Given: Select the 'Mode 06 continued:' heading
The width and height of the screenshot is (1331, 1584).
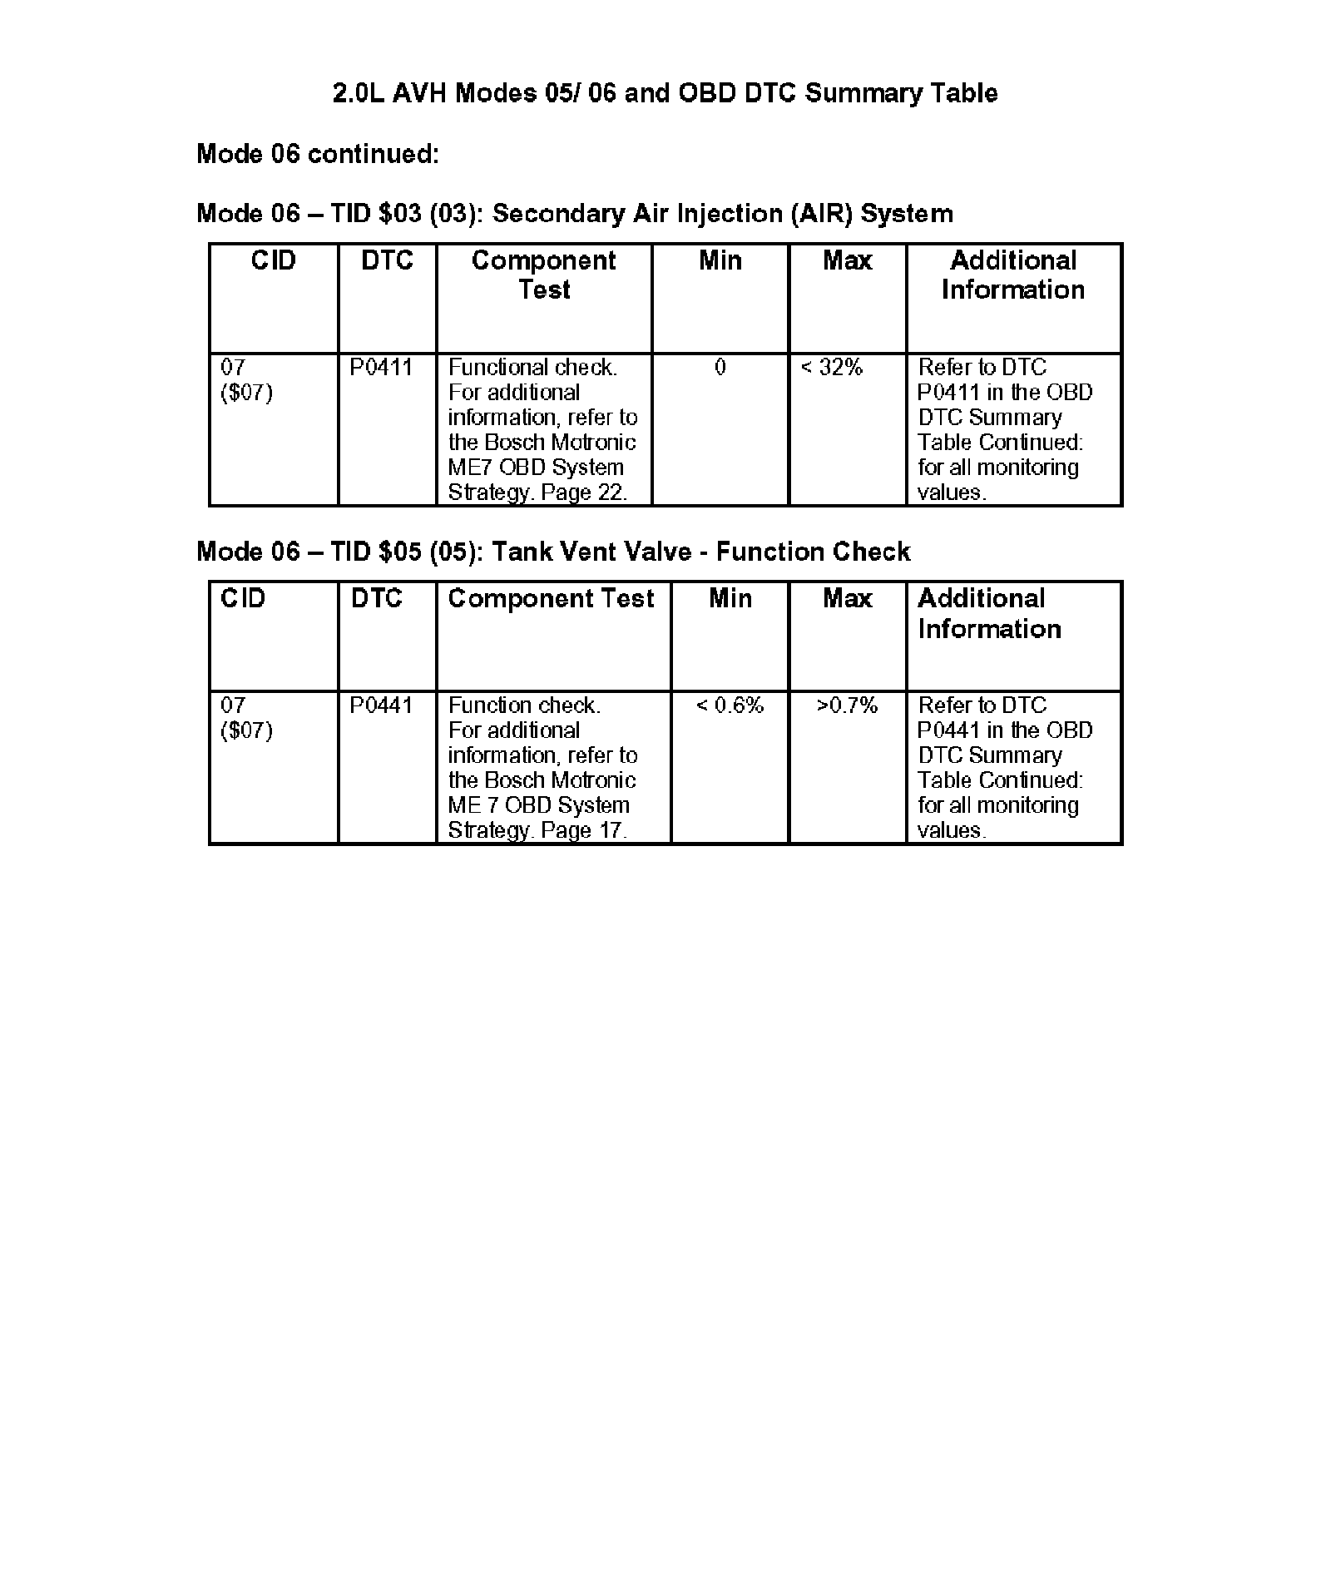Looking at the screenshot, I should tap(317, 154).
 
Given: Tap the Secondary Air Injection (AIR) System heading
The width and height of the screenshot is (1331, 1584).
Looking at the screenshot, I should tap(574, 214).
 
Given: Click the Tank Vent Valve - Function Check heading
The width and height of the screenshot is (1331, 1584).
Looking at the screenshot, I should tap(553, 552).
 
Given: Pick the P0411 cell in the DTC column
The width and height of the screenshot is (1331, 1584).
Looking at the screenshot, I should tap(380, 368).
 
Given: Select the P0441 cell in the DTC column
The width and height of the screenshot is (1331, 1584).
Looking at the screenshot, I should tap(380, 705).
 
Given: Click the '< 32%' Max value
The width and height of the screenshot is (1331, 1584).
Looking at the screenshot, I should tap(831, 368).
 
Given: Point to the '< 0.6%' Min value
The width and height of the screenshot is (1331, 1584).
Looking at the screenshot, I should tap(730, 705).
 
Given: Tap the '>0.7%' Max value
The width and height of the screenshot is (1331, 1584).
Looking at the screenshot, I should tap(847, 705).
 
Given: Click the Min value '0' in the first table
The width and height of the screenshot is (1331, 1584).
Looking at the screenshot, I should tap(720, 368).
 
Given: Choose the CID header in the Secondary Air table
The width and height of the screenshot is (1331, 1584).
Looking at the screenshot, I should tap(273, 261).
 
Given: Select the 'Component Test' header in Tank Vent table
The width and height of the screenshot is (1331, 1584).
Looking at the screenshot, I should tap(551, 599).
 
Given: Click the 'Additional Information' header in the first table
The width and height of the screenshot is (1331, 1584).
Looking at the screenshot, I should tap(1013, 275).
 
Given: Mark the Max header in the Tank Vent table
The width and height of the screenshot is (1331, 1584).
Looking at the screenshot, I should tap(847, 599).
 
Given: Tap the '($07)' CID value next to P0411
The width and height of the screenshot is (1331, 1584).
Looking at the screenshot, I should tap(246, 393).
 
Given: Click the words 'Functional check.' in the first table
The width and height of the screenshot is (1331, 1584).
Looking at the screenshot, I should tap(532, 368).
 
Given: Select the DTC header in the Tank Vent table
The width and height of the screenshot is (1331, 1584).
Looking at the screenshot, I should tap(376, 599).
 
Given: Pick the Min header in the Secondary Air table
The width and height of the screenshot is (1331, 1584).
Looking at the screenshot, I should tap(720, 261).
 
